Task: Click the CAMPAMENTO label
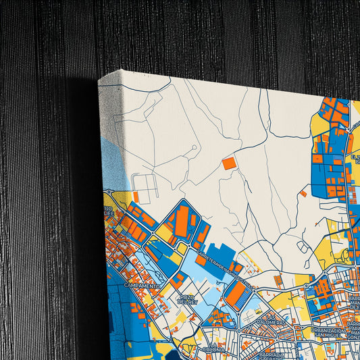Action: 142,286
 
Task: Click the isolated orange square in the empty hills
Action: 229,163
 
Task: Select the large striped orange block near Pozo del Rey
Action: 236,294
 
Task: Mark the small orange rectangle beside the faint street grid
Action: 136,197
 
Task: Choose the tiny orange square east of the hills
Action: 303,194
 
